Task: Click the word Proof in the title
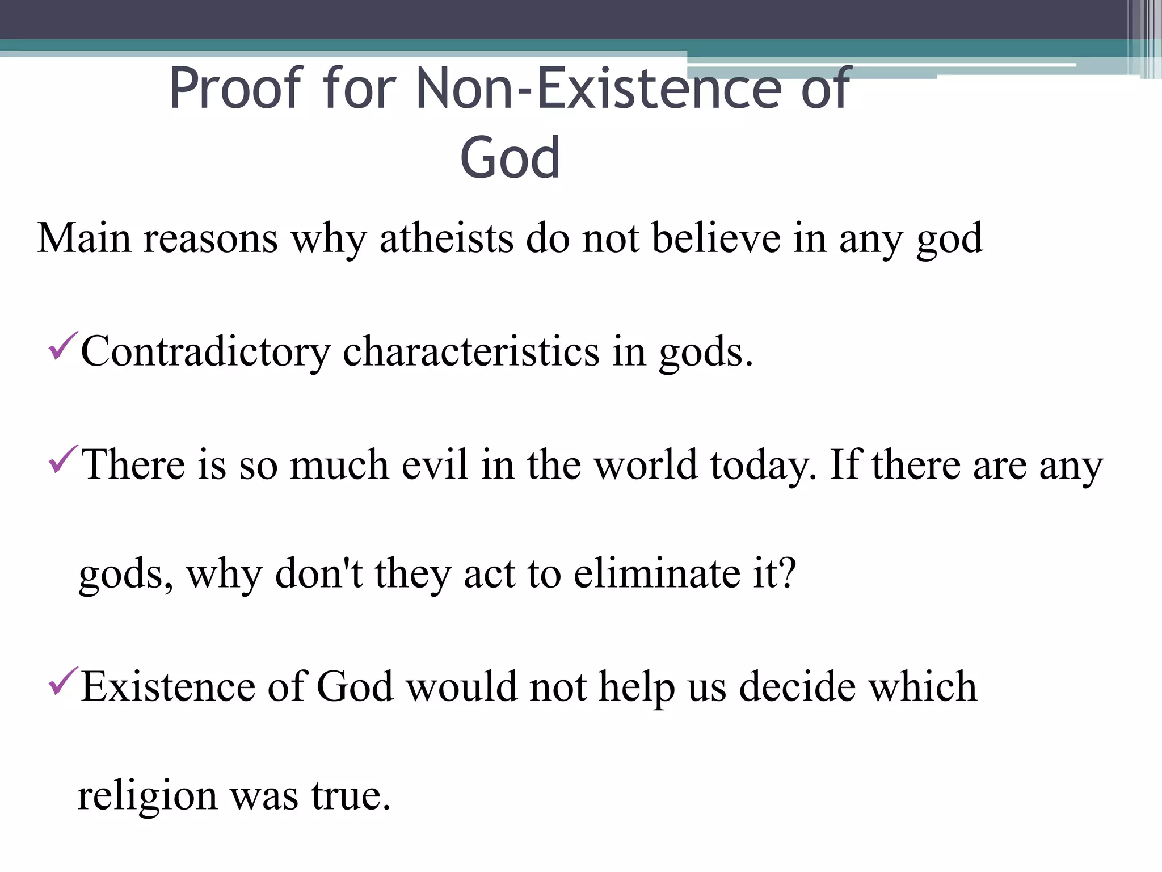(x=236, y=89)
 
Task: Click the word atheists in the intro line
(x=447, y=238)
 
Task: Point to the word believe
(x=716, y=238)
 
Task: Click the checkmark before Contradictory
(x=62, y=347)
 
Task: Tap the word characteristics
(x=471, y=352)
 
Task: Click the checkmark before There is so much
(x=62, y=459)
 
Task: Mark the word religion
(x=148, y=796)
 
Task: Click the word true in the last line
(x=350, y=796)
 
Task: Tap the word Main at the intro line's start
(x=84, y=238)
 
